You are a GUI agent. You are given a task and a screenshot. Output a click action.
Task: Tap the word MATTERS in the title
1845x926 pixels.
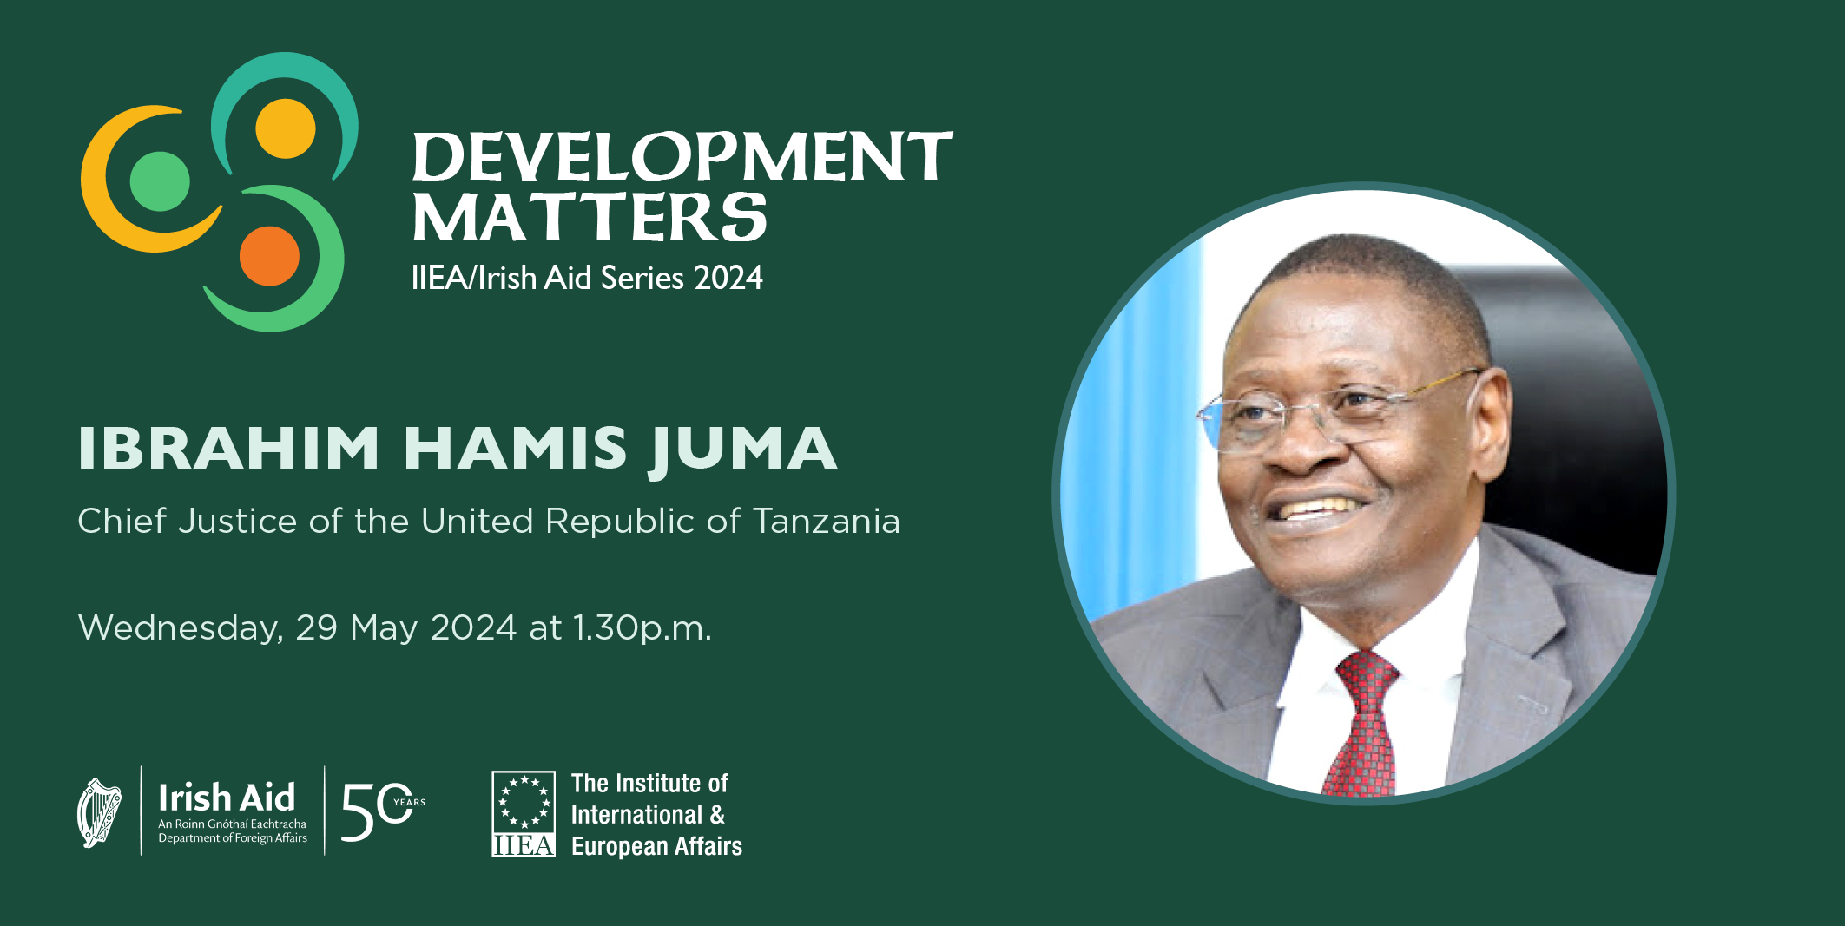click(590, 217)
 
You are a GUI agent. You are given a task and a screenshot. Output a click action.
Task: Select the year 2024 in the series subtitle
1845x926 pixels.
click(728, 278)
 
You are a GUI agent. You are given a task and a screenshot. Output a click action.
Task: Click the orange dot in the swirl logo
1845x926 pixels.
click(269, 256)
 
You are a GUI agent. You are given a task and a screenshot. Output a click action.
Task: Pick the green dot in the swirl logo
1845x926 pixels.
click(160, 181)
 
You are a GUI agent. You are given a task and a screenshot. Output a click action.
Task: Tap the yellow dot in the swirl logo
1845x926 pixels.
click(285, 128)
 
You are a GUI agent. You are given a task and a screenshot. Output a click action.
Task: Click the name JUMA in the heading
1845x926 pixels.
click(743, 449)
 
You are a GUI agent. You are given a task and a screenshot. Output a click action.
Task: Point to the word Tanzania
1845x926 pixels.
click(827, 522)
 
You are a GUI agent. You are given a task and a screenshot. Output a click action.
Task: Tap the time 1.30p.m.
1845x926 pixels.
click(642, 628)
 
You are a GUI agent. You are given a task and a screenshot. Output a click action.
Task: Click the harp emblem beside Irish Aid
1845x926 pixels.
click(100, 812)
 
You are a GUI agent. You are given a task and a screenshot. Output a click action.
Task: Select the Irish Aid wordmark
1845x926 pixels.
click(227, 797)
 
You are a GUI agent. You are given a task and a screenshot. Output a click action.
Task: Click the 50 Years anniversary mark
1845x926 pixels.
click(383, 811)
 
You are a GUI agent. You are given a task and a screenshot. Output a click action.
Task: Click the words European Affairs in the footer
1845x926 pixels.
click(656, 846)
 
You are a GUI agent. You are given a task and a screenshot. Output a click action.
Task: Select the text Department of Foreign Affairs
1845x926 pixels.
click(233, 838)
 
